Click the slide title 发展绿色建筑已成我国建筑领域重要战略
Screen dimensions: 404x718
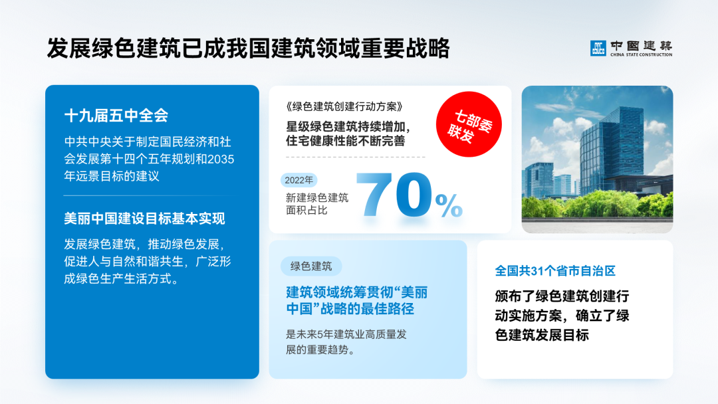click(248, 49)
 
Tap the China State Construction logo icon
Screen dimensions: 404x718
click(598, 48)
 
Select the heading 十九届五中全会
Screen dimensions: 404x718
click(116, 116)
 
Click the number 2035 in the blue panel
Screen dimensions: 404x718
click(219, 159)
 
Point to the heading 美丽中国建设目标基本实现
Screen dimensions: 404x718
click(144, 218)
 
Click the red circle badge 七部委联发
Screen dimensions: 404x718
click(468, 124)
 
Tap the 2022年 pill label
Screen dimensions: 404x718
click(299, 180)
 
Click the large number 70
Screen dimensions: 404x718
click(392, 195)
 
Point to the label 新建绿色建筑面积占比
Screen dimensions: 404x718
click(316, 203)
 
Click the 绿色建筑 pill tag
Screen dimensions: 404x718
click(311, 266)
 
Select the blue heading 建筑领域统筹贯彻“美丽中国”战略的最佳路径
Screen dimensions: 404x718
click(356, 300)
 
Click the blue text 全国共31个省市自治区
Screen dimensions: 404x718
click(555, 271)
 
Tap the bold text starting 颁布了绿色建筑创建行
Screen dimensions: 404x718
click(562, 316)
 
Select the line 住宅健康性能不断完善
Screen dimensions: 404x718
click(345, 141)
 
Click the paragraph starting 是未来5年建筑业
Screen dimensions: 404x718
click(346, 342)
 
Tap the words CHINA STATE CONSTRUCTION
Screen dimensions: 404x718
click(641, 54)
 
